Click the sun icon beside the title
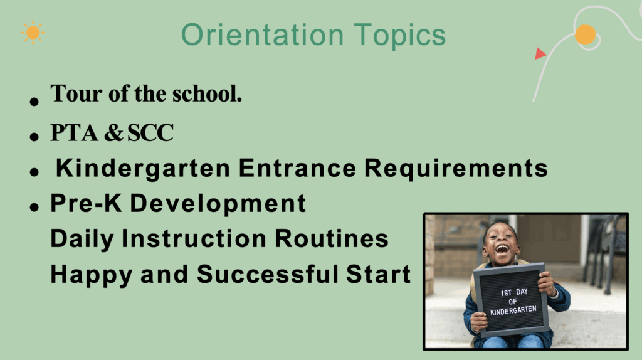[33, 33]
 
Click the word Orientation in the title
[263, 35]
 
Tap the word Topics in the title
[399, 36]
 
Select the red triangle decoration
[540, 54]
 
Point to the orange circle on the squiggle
[585, 34]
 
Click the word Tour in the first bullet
[76, 94]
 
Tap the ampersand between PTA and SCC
[113, 133]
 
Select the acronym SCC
[150, 133]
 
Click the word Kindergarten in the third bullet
[143, 169]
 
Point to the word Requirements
[456, 169]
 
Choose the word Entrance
[297, 168]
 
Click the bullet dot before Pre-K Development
[34, 207]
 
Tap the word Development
[218, 204]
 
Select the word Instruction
[194, 239]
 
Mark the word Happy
[92, 275]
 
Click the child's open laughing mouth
[502, 248]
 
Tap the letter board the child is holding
[511, 300]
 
